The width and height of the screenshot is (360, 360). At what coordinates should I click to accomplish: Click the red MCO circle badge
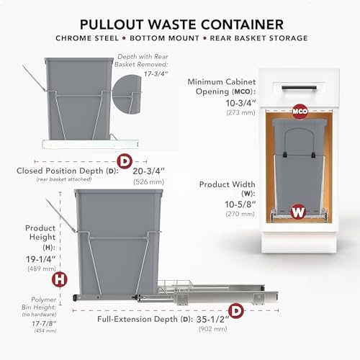tap(300, 112)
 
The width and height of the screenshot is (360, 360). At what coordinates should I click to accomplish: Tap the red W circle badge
tap(298, 212)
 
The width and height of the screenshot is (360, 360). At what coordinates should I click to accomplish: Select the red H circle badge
tap(60, 279)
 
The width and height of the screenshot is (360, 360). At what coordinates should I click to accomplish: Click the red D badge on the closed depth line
tap(125, 161)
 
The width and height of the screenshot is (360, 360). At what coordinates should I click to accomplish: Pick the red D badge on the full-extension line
tap(236, 311)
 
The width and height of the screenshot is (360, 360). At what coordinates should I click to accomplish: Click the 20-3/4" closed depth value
tap(149, 171)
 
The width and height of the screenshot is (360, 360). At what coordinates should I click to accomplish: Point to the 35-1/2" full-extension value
tap(212, 320)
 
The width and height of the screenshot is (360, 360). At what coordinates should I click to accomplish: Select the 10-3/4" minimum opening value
tap(240, 103)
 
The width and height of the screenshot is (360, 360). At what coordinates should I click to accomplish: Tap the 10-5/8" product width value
tap(240, 204)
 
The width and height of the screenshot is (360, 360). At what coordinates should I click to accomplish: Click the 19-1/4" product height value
tap(41, 259)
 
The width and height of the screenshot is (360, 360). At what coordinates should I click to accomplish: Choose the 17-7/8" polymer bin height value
tap(44, 323)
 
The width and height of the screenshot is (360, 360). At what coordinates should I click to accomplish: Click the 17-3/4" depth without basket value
tap(156, 73)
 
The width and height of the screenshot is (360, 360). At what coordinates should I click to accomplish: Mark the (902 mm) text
tap(212, 329)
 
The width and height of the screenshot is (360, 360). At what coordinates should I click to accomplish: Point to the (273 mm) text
tap(240, 112)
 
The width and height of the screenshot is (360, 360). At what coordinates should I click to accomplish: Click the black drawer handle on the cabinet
tap(299, 88)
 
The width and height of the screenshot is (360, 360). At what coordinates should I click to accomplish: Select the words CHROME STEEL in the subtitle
tap(87, 38)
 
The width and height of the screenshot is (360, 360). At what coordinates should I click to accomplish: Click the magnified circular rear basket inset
tap(126, 94)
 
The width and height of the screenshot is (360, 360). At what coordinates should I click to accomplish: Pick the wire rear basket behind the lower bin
tap(175, 286)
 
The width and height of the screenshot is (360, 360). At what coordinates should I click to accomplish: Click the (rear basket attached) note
tap(64, 179)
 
